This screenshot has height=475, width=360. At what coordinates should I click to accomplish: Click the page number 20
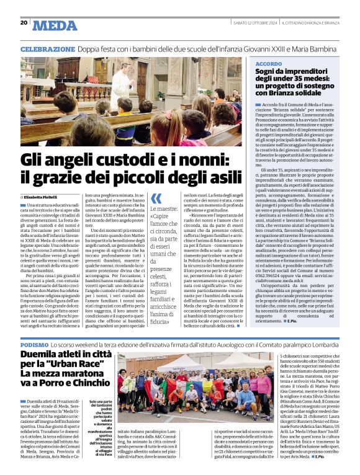pos(24,23)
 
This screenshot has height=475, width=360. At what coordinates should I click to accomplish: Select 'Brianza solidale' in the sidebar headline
pos(292,92)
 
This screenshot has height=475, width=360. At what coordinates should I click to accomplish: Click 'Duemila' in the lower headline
pos(42,355)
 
